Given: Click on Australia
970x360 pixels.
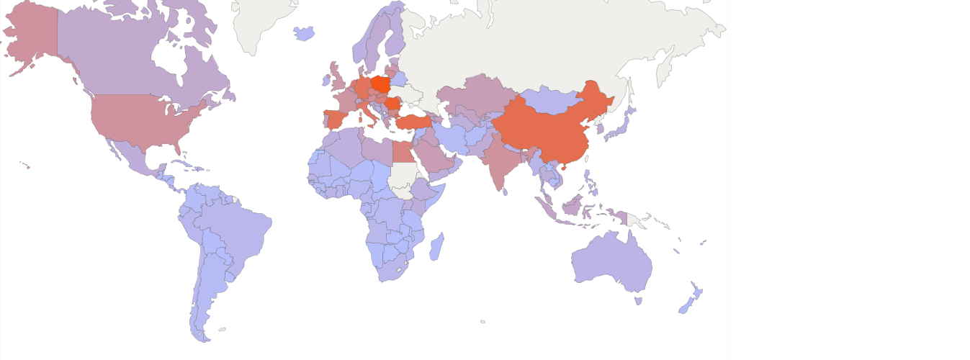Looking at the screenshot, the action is tap(612, 263).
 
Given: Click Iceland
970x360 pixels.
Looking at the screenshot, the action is tap(305, 33).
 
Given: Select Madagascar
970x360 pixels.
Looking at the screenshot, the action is tap(436, 246).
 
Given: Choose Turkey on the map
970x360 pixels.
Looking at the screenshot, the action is tap(413, 122).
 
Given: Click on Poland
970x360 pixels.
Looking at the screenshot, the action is tap(381, 84).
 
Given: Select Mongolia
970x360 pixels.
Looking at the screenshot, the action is tap(551, 101).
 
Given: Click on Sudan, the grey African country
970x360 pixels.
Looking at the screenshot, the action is tap(402, 176).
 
